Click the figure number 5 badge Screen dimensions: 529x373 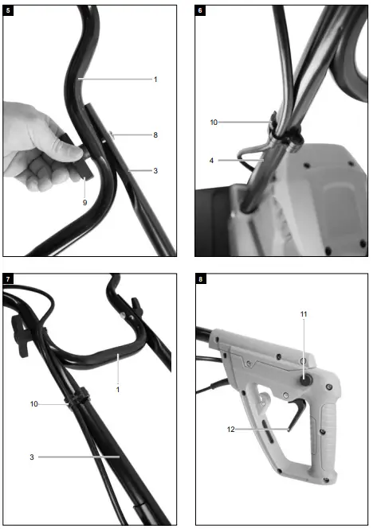coord(8,10)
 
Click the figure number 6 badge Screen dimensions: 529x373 coord(200,10)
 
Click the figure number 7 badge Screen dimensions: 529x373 coord(8,279)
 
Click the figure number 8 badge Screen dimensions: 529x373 coord(200,279)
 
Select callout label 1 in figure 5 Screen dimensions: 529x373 coord(155,79)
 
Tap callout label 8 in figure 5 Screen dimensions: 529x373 coord(155,135)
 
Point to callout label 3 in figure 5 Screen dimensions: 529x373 coord(155,171)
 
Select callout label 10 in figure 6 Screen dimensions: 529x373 coord(214,122)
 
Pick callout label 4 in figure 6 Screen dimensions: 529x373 coord(211,161)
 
